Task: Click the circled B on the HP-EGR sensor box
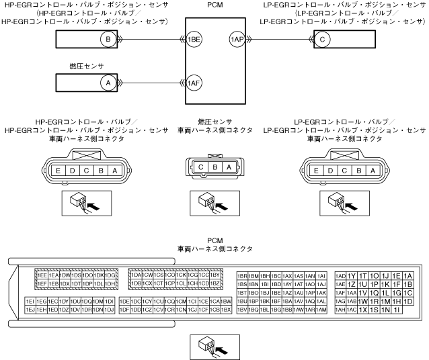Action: pyautogui.click(x=108, y=40)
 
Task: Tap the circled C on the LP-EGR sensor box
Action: pyautogui.click(x=323, y=40)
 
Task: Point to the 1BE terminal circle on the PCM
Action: pyautogui.click(x=194, y=40)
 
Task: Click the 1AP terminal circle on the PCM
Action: pyautogui.click(x=237, y=40)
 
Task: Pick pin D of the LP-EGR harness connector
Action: pyautogui.click(x=330, y=171)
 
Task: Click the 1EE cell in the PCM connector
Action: pyautogui.click(x=42, y=275)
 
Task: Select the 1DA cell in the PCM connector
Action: pyautogui.click(x=135, y=275)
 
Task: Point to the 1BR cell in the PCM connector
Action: pyautogui.click(x=243, y=275)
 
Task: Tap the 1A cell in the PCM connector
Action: pyautogui.click(x=407, y=275)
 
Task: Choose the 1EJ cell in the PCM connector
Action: pyautogui.click(x=30, y=310)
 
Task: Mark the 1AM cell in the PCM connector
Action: pyautogui.click(x=321, y=310)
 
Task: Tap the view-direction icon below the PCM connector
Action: pyautogui.click(x=214, y=345)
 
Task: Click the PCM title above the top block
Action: pyautogui.click(x=214, y=6)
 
